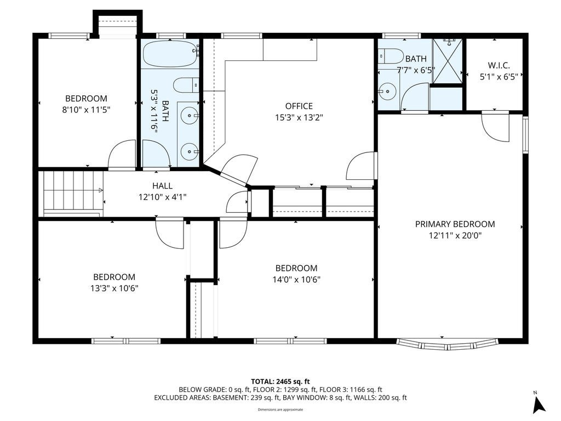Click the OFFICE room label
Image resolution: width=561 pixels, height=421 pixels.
click(x=299, y=106)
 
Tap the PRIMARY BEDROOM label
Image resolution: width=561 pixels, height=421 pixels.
click(x=455, y=224)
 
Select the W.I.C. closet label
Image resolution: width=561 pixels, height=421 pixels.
click(x=499, y=66)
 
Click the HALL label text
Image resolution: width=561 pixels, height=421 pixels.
click(x=162, y=186)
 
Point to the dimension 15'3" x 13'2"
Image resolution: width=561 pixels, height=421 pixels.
click(x=299, y=117)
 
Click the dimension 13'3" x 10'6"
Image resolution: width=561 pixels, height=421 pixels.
click(x=115, y=288)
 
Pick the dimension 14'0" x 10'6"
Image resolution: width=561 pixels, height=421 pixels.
click(x=296, y=279)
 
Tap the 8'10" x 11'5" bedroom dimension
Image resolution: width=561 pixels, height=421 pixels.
click(x=86, y=110)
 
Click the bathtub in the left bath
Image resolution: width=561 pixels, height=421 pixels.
click(x=171, y=53)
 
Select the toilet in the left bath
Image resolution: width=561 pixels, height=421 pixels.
click(x=186, y=85)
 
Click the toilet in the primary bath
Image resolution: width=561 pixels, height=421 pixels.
click(x=391, y=56)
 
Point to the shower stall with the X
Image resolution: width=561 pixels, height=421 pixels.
click(x=447, y=61)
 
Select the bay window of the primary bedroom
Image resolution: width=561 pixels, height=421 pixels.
click(x=447, y=344)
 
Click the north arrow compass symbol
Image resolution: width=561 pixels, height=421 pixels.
click(x=539, y=403)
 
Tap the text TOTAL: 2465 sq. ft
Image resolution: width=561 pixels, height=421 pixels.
click(x=280, y=382)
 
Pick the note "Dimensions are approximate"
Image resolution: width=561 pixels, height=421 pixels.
click(x=280, y=409)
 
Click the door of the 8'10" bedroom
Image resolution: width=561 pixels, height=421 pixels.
click(x=122, y=154)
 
